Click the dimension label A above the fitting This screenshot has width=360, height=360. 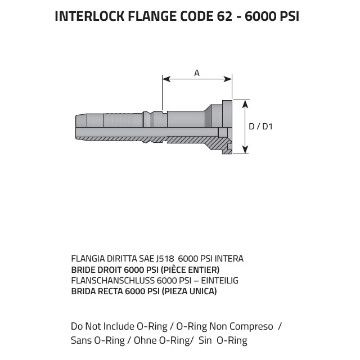point(197,73)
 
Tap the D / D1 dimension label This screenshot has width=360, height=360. point(260,127)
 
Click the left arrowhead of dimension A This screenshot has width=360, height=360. point(166,79)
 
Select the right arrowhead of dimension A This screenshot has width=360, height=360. point(228,79)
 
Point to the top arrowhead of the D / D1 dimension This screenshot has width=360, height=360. point(245,104)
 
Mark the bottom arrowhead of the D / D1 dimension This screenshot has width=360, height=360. point(245,150)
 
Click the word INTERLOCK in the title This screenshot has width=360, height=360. point(90,16)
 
